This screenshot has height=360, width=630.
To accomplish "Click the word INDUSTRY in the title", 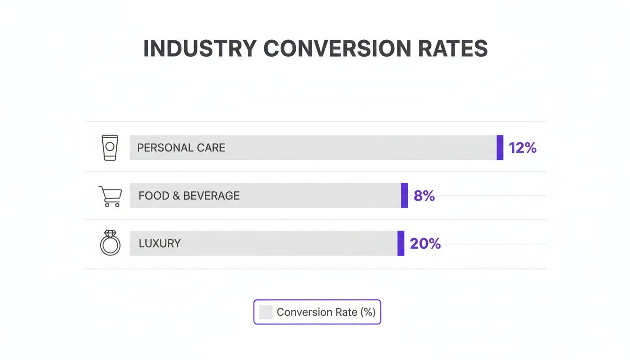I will pos(200,49).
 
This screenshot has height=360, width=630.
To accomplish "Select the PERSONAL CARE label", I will pos(181,148).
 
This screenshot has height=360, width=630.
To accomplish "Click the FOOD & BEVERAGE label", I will pos(189,195).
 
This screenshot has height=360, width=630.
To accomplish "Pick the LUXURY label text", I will pos(159,243).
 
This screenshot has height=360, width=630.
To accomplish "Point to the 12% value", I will pos(522,148).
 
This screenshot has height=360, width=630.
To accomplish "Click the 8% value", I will pos(424,196).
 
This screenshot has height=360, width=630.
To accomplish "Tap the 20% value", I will pos(425,244).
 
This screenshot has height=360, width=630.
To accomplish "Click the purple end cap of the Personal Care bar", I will pos(500,148).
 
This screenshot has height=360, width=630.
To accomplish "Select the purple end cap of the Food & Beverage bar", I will pos(405,195).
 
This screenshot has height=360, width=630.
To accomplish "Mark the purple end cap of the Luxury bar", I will pos(401,243).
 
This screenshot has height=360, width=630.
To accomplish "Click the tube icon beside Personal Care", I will pos(110,148).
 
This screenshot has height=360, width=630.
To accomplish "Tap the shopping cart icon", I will pos(110,196).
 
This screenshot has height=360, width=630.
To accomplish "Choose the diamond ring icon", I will pos(110,243).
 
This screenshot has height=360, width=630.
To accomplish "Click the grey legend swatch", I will pos(265,312).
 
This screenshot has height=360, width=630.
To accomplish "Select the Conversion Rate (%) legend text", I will pos(326,312).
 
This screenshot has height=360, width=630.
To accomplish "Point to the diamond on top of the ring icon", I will pos(110,233).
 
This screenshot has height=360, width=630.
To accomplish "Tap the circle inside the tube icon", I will pos(110,146).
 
